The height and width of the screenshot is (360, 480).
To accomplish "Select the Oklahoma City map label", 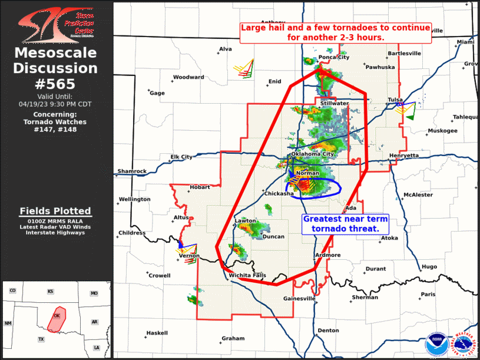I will click(x=312, y=154).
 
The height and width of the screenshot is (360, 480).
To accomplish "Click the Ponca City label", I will click(x=334, y=57).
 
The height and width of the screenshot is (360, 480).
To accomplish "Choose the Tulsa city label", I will click(x=395, y=100).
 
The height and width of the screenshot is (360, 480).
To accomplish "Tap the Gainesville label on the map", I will click(x=300, y=298).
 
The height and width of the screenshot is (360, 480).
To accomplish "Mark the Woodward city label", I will click(x=188, y=77).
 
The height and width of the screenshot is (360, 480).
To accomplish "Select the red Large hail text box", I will click(x=336, y=32).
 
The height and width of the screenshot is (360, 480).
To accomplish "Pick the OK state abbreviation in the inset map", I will click(x=57, y=315).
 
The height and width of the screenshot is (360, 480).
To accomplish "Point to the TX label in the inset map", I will click(x=41, y=339).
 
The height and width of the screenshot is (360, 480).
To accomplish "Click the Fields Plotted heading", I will click(x=55, y=211).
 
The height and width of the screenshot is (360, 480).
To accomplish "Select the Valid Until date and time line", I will click(x=55, y=104).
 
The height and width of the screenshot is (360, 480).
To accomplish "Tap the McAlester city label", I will click(x=418, y=194).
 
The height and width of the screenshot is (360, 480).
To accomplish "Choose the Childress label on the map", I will click(x=131, y=233).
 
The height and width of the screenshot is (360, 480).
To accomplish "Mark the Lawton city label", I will click(x=246, y=221).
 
